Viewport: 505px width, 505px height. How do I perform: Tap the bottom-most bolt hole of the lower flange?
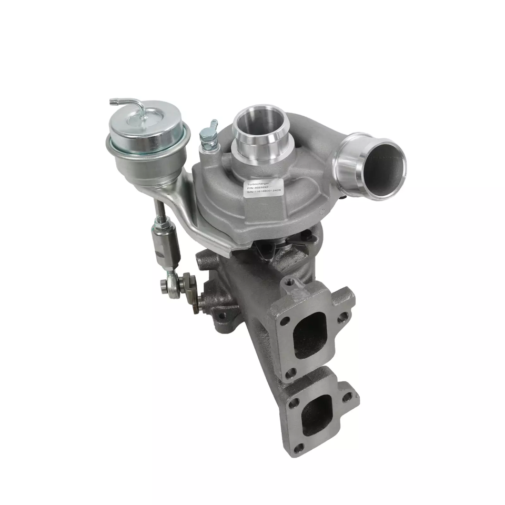(x=299, y=448)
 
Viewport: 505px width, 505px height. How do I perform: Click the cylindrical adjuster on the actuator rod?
(x=165, y=245)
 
